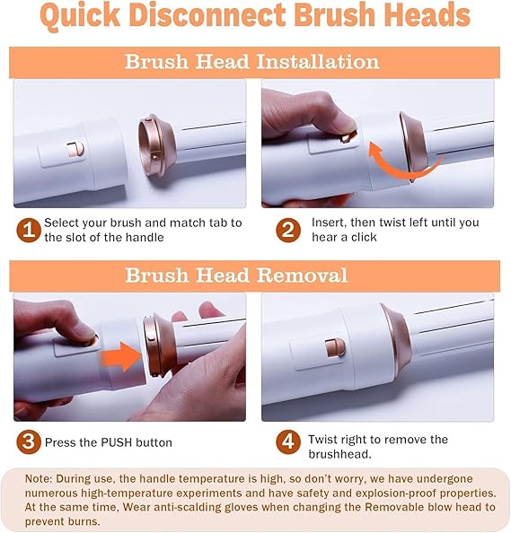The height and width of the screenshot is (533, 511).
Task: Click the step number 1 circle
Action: (30, 231)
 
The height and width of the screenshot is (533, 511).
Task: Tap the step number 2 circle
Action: (287, 231)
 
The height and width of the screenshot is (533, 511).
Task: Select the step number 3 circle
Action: (30, 441)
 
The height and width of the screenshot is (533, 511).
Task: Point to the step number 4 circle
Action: (287, 441)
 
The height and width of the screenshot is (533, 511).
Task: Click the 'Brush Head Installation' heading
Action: (252, 62)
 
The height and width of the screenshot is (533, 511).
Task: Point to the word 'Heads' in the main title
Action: (421, 17)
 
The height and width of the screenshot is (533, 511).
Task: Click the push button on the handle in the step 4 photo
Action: (331, 347)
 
